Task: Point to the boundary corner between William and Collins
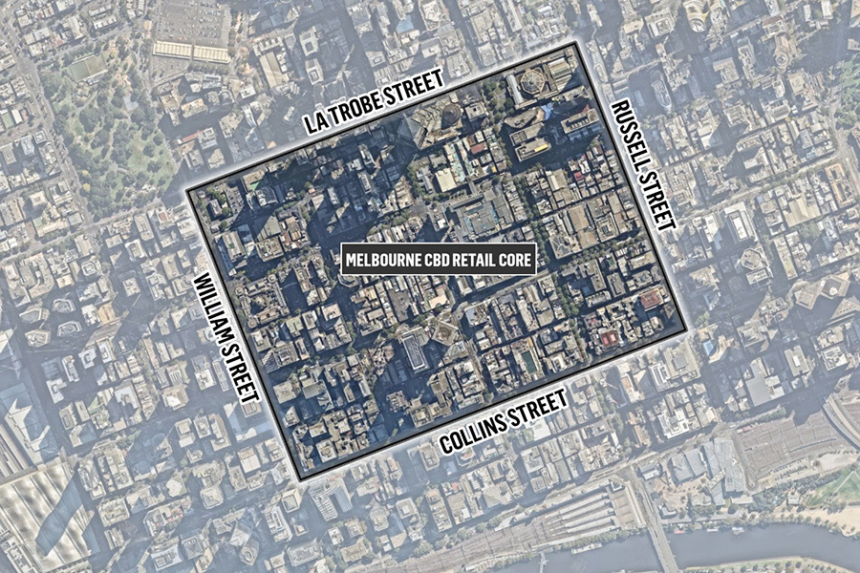point(300,477)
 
